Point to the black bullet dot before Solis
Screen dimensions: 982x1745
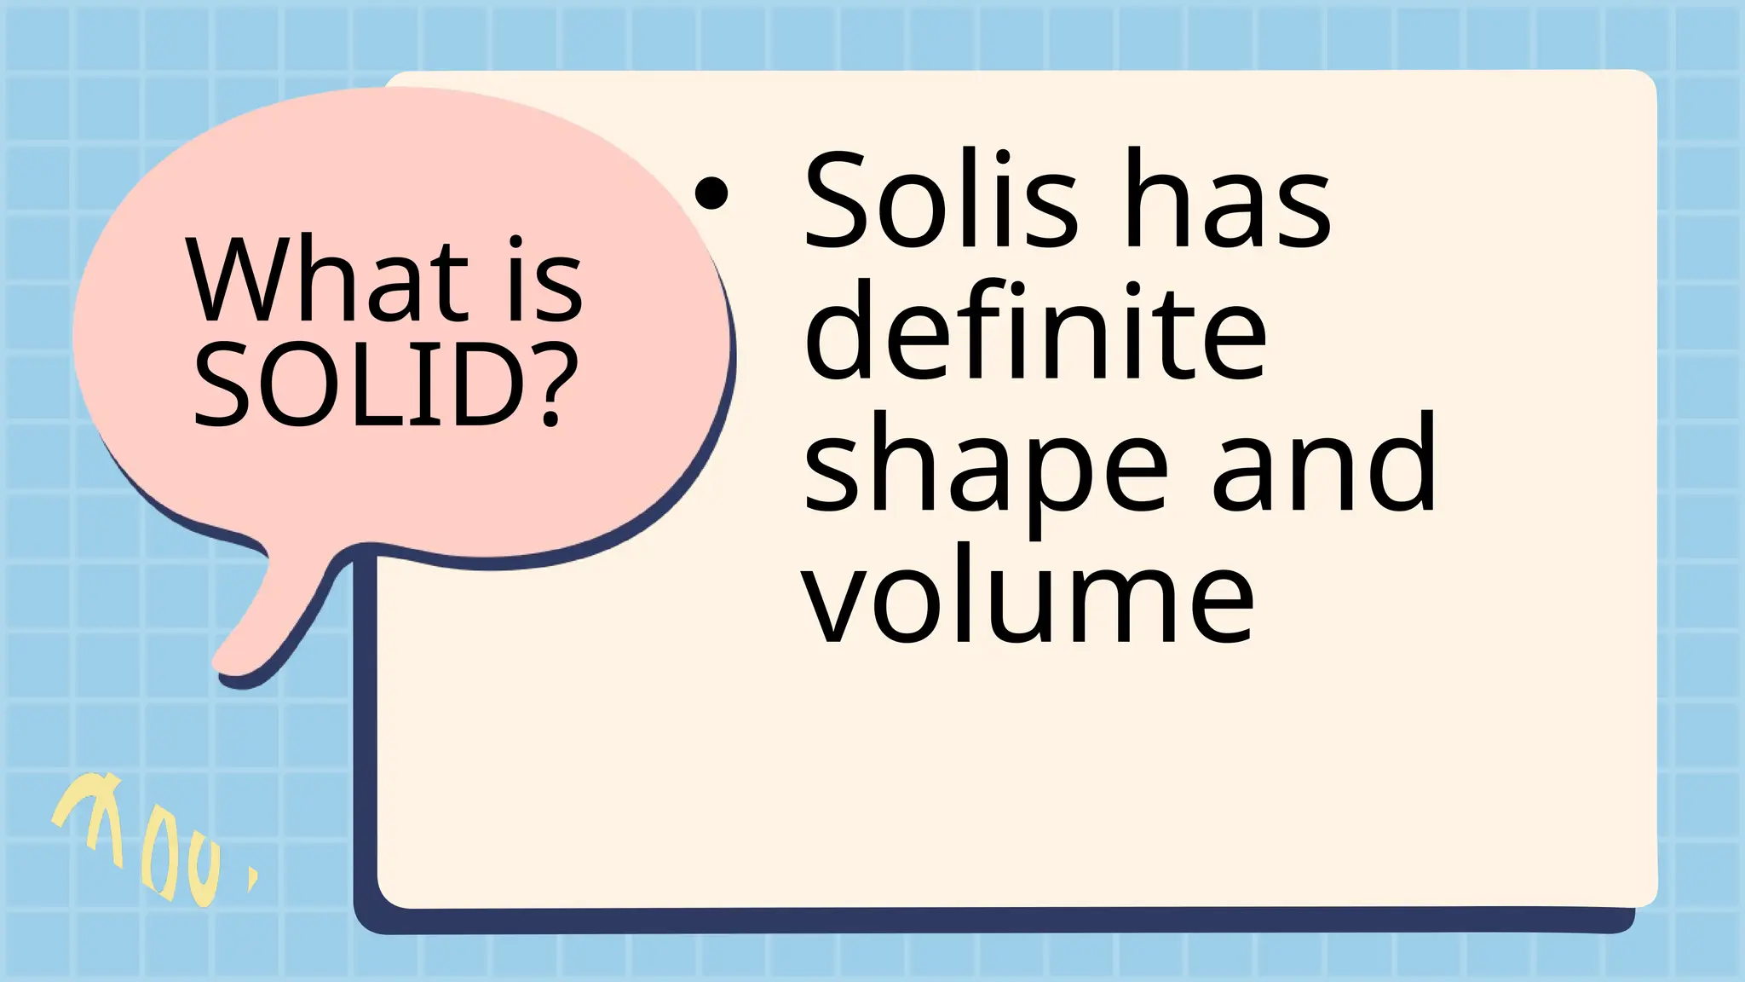[x=711, y=194]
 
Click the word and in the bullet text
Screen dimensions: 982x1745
[x=1324, y=465]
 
